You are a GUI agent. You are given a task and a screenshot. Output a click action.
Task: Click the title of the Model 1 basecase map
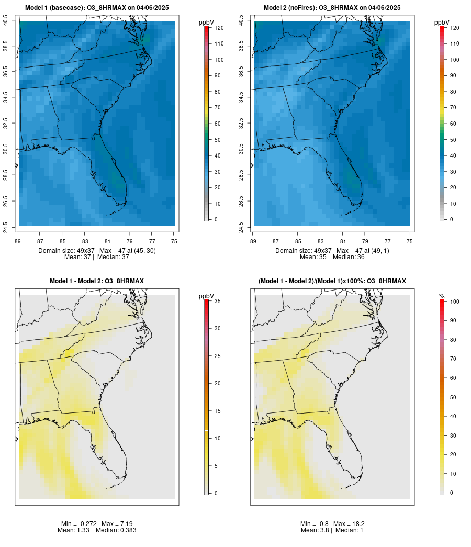97,8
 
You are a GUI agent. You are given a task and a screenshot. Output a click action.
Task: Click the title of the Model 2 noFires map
332,8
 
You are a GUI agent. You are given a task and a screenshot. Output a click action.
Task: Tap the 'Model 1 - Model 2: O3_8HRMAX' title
97,281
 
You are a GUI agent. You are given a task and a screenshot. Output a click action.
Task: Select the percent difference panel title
332,281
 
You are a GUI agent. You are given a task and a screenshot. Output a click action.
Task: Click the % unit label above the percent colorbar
442,296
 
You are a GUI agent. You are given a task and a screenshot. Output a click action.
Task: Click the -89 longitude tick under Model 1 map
18,241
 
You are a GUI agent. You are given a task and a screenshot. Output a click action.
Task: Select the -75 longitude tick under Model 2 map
409,241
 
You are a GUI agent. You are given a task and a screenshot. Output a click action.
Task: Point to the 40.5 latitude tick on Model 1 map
6,21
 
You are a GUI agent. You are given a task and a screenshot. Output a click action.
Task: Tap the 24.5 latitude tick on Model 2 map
241,226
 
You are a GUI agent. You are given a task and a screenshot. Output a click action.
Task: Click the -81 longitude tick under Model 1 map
107,241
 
